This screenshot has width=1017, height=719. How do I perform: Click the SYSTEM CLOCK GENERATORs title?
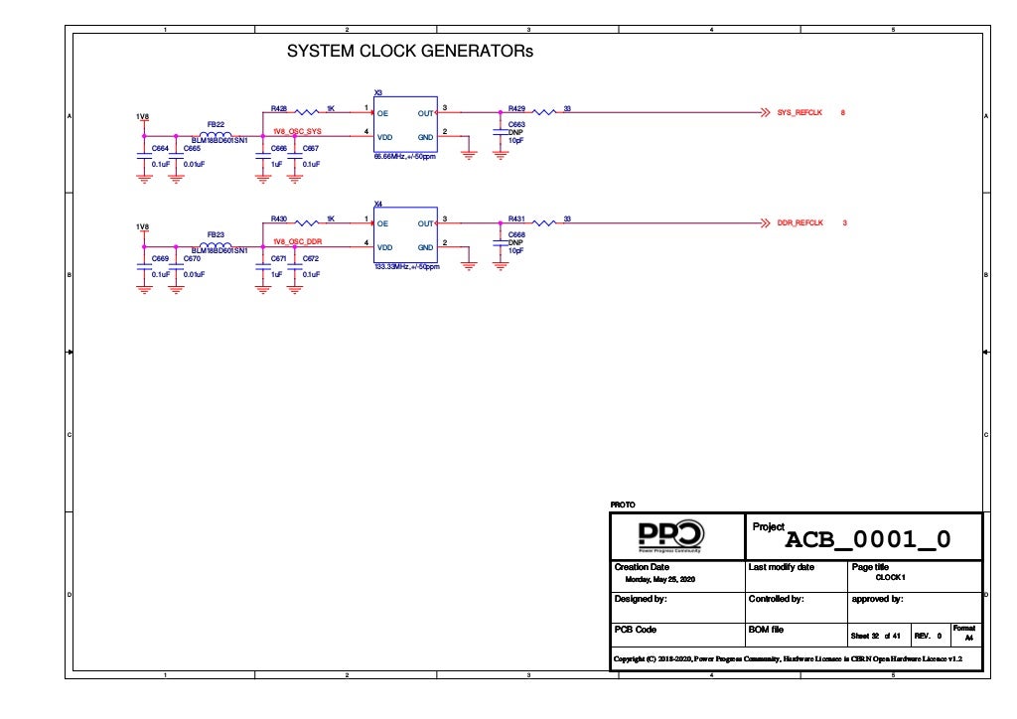[409, 51]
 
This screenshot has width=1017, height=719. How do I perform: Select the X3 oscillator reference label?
[377, 92]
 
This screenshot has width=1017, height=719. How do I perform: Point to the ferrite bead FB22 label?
[216, 124]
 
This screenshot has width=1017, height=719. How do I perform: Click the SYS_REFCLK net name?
[800, 112]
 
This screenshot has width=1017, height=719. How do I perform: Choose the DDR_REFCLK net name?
[800, 222]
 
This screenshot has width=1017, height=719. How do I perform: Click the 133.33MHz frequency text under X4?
[405, 267]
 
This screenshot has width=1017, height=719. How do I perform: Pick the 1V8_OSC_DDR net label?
[297, 241]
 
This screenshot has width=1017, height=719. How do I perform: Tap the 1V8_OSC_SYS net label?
[297, 131]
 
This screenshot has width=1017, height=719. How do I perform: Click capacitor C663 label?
[516, 124]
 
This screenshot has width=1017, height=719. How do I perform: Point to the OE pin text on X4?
[382, 223]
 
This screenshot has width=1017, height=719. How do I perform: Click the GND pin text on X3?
[425, 136]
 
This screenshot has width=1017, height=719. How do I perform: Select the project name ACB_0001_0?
[868, 539]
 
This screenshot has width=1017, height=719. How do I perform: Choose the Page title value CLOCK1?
[890, 577]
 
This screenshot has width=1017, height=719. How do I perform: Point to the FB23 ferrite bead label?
[216, 234]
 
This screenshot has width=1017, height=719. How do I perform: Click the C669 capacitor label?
[160, 258]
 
